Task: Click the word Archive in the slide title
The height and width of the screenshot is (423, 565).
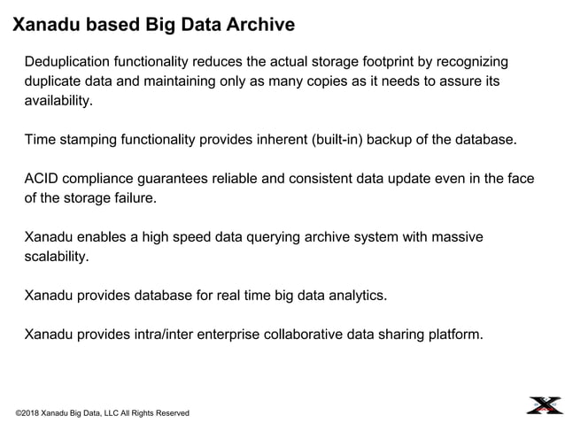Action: click(x=258, y=25)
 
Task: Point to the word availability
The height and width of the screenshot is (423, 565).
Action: click(x=57, y=101)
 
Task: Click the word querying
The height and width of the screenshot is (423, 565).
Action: click(x=259, y=237)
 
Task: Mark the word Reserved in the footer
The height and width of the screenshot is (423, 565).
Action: click(x=171, y=413)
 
